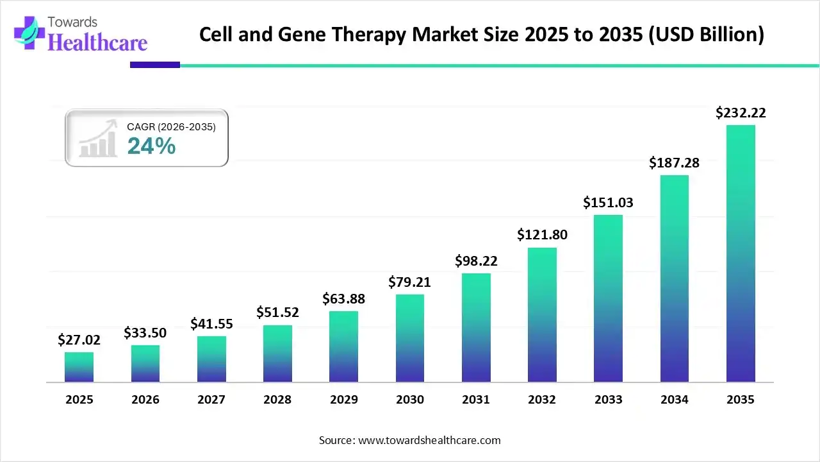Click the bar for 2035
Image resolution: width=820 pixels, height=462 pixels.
(x=741, y=253)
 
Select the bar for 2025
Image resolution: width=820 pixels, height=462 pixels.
(x=79, y=367)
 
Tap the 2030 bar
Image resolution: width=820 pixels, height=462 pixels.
(x=410, y=338)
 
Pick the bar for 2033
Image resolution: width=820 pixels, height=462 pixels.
(x=608, y=298)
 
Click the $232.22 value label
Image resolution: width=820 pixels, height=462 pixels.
(x=741, y=113)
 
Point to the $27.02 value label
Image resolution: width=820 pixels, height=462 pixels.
(x=79, y=339)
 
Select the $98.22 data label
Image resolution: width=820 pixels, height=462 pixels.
(x=476, y=261)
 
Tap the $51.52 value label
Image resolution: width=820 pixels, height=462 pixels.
(x=277, y=312)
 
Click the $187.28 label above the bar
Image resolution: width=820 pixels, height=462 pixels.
(x=674, y=163)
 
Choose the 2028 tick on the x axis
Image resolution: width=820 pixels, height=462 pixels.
(x=277, y=400)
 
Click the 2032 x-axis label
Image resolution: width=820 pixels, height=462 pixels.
(x=542, y=400)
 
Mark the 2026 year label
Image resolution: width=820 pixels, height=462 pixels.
(x=145, y=400)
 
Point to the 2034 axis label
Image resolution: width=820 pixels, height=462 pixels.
(x=674, y=400)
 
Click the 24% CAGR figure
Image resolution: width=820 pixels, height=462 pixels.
(x=151, y=146)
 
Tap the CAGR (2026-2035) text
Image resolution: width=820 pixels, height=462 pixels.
(x=171, y=127)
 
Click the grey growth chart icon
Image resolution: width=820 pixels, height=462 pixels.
(x=98, y=138)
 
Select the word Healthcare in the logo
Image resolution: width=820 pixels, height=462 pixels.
(x=97, y=42)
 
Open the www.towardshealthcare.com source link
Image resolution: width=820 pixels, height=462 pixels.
(x=428, y=440)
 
